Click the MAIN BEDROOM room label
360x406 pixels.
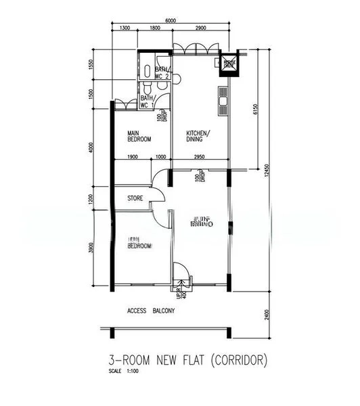[139, 135]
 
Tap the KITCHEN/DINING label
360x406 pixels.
[198, 137]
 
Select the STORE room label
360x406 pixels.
[135, 198]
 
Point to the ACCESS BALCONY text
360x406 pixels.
[151, 311]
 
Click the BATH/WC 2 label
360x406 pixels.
[162, 72]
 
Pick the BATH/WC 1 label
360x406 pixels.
[147, 102]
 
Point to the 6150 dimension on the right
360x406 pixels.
[255, 109]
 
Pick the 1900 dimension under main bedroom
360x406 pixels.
[133, 157]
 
